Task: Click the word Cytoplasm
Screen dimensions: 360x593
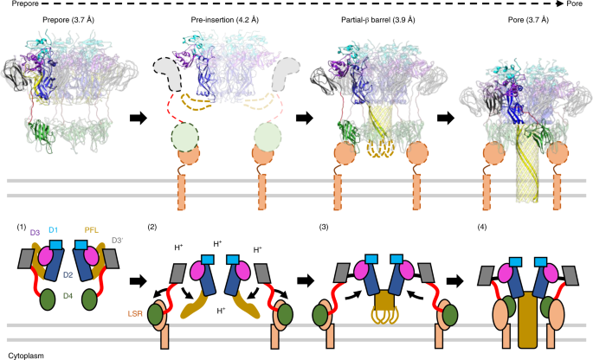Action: (25, 354)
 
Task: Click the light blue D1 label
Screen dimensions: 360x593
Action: (53, 228)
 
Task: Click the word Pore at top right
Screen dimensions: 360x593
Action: (581, 6)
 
